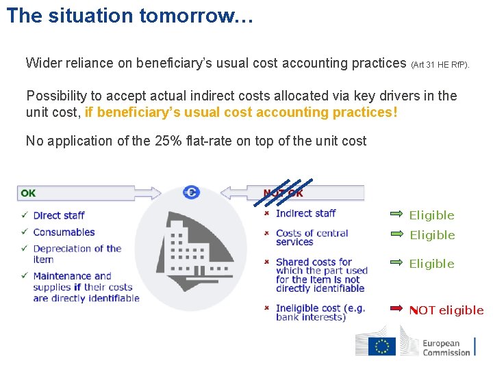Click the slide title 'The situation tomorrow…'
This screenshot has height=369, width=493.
pyautogui.click(x=130, y=16)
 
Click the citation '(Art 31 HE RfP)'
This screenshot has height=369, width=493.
pyautogui.click(x=440, y=65)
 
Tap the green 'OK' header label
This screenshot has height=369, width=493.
pyautogui.click(x=28, y=193)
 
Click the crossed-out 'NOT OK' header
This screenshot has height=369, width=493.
pyautogui.click(x=283, y=193)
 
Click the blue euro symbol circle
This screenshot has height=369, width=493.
pyautogui.click(x=191, y=193)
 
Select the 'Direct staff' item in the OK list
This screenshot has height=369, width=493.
pyautogui.click(x=59, y=215)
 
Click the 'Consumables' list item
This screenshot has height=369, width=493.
pyautogui.click(x=64, y=232)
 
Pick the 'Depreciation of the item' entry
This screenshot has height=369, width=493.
pyautogui.click(x=77, y=254)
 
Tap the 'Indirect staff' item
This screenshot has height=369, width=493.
pyautogui.click(x=305, y=213)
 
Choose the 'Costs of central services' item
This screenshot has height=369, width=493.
pyautogui.click(x=312, y=237)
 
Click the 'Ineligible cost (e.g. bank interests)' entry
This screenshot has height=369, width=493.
pyautogui.click(x=320, y=312)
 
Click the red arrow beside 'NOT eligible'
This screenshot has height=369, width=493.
pyautogui.click(x=396, y=309)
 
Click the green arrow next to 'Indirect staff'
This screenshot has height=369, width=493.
pyautogui.click(x=396, y=214)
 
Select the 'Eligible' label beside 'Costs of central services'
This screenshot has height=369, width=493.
pyautogui.click(x=432, y=235)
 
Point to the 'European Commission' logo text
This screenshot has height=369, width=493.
pyautogui.click(x=446, y=348)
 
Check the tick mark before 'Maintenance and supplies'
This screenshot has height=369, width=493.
pyautogui.click(x=25, y=276)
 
